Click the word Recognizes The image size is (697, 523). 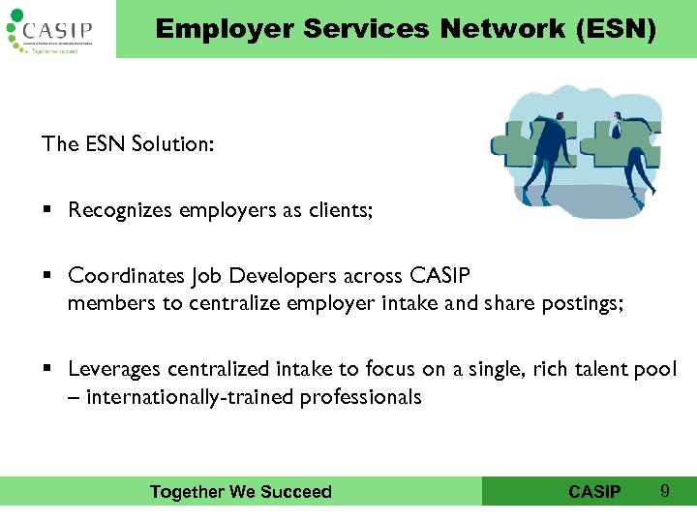click(121, 210)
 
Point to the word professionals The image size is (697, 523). click(361, 396)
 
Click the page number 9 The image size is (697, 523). click(664, 491)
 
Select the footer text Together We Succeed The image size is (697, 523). click(240, 492)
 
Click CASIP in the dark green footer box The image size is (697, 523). click(594, 492)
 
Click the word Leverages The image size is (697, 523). click(114, 369)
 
